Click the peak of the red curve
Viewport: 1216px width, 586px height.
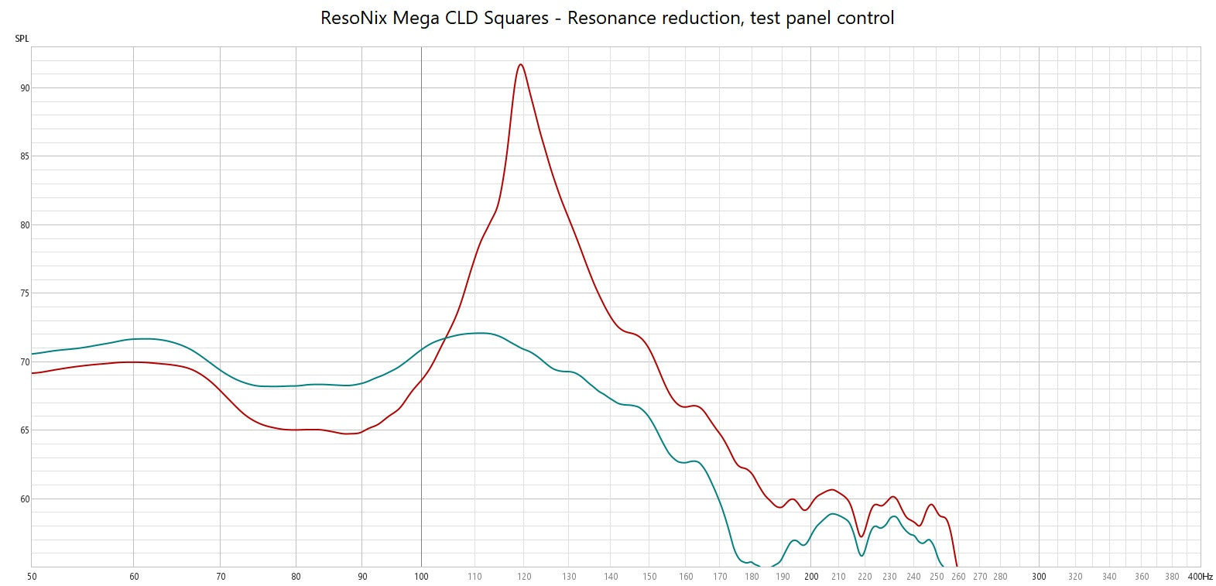(521, 64)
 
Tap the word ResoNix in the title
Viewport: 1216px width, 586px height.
(354, 18)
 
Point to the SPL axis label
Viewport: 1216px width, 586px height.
(22, 39)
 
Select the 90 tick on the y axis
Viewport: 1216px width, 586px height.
(25, 88)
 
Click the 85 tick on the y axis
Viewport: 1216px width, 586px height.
(25, 156)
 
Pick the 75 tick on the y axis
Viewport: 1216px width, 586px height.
(25, 293)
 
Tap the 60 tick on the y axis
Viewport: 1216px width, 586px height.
(25, 499)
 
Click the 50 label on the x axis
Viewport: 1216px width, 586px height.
(32, 577)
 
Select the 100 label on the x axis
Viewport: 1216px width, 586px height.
(421, 577)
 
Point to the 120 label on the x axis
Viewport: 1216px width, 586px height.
(524, 577)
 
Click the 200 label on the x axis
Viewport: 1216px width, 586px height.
(811, 577)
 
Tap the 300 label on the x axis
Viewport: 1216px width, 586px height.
(1039, 577)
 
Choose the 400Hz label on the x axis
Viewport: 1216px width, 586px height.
(1201, 577)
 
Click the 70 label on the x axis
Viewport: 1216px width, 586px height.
(221, 577)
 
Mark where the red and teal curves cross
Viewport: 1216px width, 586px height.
(445, 338)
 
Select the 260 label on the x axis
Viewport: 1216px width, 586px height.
(958, 577)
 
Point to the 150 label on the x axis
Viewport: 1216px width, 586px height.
(649, 577)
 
